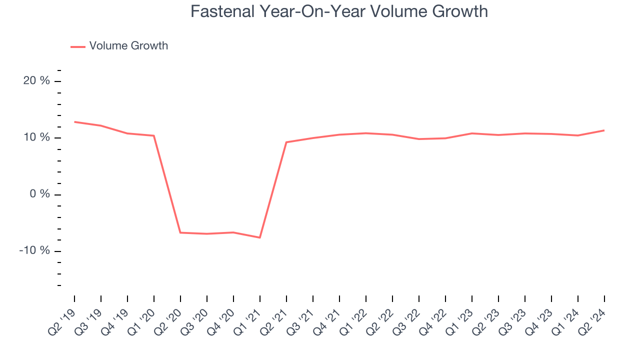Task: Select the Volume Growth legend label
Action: [128, 46]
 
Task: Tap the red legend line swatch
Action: [78, 46]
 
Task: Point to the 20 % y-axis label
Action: [36, 81]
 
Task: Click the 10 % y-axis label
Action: [36, 137]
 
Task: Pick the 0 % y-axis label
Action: [39, 194]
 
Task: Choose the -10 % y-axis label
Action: [34, 250]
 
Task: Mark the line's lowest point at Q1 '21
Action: [260, 237]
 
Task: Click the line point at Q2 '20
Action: [180, 232]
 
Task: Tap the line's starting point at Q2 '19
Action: [74, 122]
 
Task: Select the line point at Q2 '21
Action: [286, 142]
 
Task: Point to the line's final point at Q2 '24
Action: [604, 130]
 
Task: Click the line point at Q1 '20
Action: [154, 135]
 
